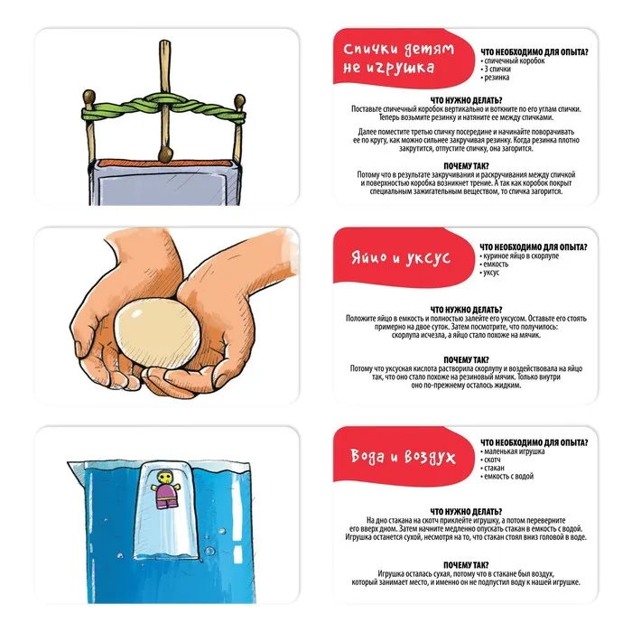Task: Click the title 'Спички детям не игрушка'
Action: point(399,58)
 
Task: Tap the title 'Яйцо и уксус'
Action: point(401,257)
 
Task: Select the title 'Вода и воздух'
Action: point(403,456)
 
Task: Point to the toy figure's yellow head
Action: point(163,478)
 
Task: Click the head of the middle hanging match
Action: point(165,154)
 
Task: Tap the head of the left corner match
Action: point(88,97)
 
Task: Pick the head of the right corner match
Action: point(239,100)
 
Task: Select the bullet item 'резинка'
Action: point(495,78)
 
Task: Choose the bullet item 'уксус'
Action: point(489,273)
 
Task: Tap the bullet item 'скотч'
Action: point(490,460)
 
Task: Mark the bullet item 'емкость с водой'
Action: point(507,477)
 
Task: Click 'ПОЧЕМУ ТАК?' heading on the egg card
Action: point(466,360)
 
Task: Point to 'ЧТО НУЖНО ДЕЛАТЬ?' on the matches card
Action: point(466,100)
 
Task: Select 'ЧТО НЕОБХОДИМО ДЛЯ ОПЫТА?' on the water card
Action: point(534,442)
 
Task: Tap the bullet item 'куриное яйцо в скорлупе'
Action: point(519,256)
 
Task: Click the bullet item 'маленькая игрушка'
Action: point(513,451)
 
